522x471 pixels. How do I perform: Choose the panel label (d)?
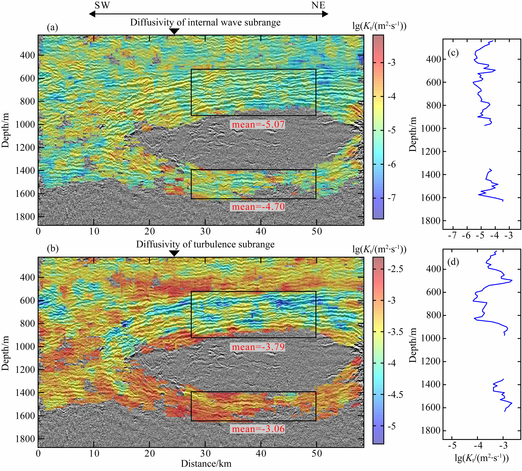pyautogui.click(x=453, y=262)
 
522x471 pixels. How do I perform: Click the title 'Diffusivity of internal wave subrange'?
pyautogui.click(x=205, y=22)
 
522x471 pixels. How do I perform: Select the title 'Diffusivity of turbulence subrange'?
pyautogui.click(x=205, y=244)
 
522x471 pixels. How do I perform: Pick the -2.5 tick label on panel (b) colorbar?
pyautogui.click(x=395, y=269)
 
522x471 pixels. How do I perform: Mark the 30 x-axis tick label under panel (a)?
pyautogui.click(x=205, y=231)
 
